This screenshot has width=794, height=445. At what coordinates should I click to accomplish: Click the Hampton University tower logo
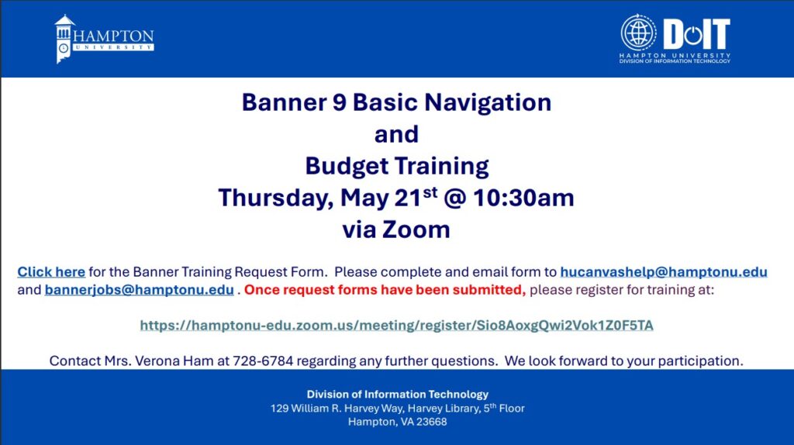[64, 39]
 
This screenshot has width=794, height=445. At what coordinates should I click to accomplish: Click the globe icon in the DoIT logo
[638, 33]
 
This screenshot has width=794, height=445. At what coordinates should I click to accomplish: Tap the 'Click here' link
[51, 272]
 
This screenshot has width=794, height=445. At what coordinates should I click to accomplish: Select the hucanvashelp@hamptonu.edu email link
[664, 272]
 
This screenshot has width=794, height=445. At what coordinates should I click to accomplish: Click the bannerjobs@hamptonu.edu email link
[140, 290]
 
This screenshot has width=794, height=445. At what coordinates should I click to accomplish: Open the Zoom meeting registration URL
[396, 325]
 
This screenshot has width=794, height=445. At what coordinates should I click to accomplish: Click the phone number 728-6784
[263, 361]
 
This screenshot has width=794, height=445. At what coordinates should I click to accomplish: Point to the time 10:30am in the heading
[523, 198]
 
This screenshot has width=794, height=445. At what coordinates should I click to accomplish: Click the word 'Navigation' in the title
[488, 103]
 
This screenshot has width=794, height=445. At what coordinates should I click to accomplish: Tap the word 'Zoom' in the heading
[416, 229]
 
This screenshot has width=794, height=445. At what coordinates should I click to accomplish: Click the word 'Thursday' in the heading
[276, 198]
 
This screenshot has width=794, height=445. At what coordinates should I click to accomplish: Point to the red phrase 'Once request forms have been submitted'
[385, 290]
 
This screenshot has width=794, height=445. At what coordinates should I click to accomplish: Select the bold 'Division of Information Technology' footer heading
[398, 395]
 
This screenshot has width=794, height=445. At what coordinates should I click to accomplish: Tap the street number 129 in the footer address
[279, 409]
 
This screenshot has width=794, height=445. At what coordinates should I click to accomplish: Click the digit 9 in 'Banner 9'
[340, 102]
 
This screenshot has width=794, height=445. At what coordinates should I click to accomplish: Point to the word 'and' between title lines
[396, 134]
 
